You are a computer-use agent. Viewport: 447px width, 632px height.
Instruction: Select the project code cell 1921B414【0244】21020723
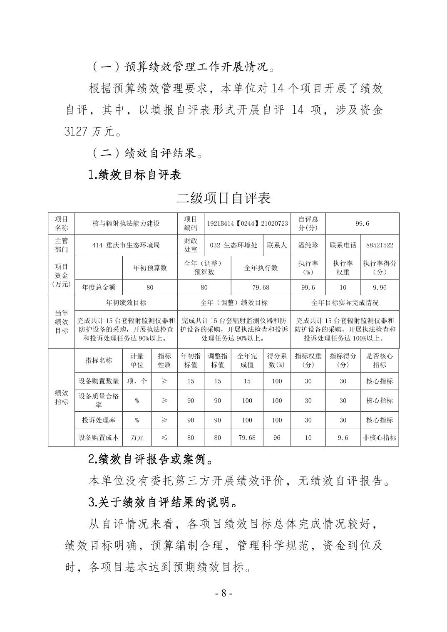pyautogui.click(x=247, y=223)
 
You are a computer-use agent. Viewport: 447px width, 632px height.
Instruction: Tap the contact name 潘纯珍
pyautogui.click(x=308, y=245)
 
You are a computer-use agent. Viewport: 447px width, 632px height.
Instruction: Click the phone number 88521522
pyautogui.click(x=379, y=245)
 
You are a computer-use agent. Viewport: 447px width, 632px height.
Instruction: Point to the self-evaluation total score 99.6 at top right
pyautogui.click(x=362, y=223)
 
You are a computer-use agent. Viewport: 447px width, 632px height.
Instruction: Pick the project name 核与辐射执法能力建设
pyautogui.click(x=126, y=223)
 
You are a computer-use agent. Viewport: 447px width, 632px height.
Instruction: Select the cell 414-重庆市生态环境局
pyautogui.click(x=126, y=245)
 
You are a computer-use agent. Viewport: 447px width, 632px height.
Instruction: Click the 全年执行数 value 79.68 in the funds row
pyautogui.click(x=261, y=287)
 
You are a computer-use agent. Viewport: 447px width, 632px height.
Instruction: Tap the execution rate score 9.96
pyautogui.click(x=379, y=287)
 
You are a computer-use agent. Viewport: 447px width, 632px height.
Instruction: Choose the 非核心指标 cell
pyautogui.click(x=379, y=437)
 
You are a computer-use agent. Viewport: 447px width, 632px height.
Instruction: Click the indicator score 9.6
pyautogui.click(x=343, y=437)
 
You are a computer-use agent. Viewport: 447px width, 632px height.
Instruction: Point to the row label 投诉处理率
pyautogui.click(x=99, y=420)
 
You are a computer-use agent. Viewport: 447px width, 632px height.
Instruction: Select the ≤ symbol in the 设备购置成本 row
pyautogui.click(x=164, y=437)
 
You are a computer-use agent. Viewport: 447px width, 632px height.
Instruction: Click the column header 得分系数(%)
pyautogui.click(x=277, y=360)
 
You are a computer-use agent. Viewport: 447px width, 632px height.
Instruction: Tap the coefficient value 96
pyautogui.click(x=277, y=437)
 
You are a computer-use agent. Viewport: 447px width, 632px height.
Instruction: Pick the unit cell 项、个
pyautogui.click(x=137, y=381)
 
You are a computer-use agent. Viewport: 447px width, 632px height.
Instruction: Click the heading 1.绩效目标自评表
pyautogui.click(x=135, y=175)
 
